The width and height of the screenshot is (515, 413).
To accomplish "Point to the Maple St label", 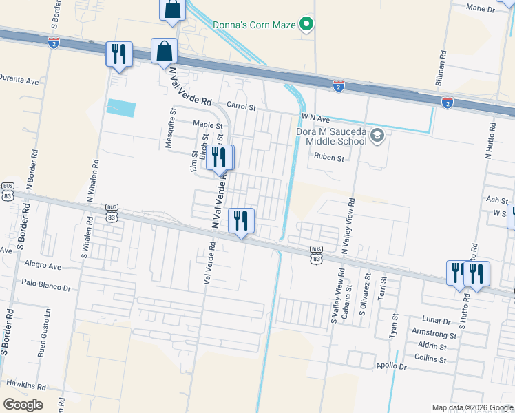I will coord(208,125).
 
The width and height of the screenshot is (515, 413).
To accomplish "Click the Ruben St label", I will coord(328,158).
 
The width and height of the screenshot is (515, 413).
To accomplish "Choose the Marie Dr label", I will coord(481,9).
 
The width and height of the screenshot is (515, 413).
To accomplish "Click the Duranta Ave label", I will coord(19,80).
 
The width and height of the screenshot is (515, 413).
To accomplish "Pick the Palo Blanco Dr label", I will coord(46,282).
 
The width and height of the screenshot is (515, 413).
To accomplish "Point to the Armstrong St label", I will coord(434,334).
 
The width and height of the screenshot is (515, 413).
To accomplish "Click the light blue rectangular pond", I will coord(121,108).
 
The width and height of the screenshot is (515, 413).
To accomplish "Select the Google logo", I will coord(23,405).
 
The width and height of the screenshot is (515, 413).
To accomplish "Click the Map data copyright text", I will coord(472,407).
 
